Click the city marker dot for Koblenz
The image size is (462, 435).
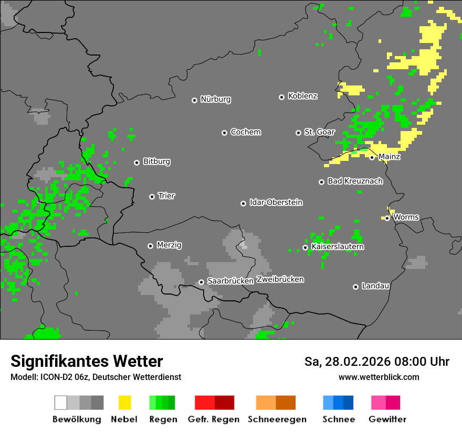click(281, 97)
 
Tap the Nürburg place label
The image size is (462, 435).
click(215, 99)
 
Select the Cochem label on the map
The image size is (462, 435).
click(245, 132)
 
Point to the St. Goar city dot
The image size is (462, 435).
click(298, 133)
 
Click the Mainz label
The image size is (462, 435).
click(389, 157)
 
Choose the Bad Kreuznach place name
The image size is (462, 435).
click(355, 181)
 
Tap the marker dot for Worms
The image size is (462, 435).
click(387, 218)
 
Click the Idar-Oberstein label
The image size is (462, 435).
click(276, 202)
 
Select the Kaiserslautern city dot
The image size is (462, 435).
click(305, 247)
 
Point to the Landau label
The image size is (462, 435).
click(375, 286)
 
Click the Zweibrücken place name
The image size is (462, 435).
click(280, 279)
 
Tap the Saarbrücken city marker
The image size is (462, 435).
click(201, 282)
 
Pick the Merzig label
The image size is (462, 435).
click(170, 245)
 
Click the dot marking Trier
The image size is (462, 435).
click(152, 197)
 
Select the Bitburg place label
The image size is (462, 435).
click(156, 161)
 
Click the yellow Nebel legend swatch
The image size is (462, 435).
click(124, 403)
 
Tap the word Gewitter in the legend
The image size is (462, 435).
click(387, 419)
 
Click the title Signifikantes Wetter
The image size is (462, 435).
click(87, 361)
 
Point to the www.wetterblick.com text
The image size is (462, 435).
click(379, 377)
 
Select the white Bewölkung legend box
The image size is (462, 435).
click(61, 403)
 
